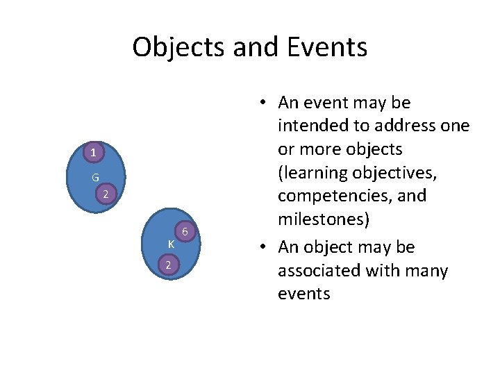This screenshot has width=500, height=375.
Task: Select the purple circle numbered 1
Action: (93, 151)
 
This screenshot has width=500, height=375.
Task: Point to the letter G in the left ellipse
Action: (95, 178)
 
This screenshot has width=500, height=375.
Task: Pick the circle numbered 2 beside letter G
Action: (105, 194)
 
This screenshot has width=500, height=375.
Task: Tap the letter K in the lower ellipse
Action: (170, 244)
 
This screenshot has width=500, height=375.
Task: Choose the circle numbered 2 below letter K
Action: (167, 265)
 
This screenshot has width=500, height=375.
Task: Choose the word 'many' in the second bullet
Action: (423, 270)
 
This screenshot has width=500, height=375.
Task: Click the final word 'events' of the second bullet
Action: (303, 294)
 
